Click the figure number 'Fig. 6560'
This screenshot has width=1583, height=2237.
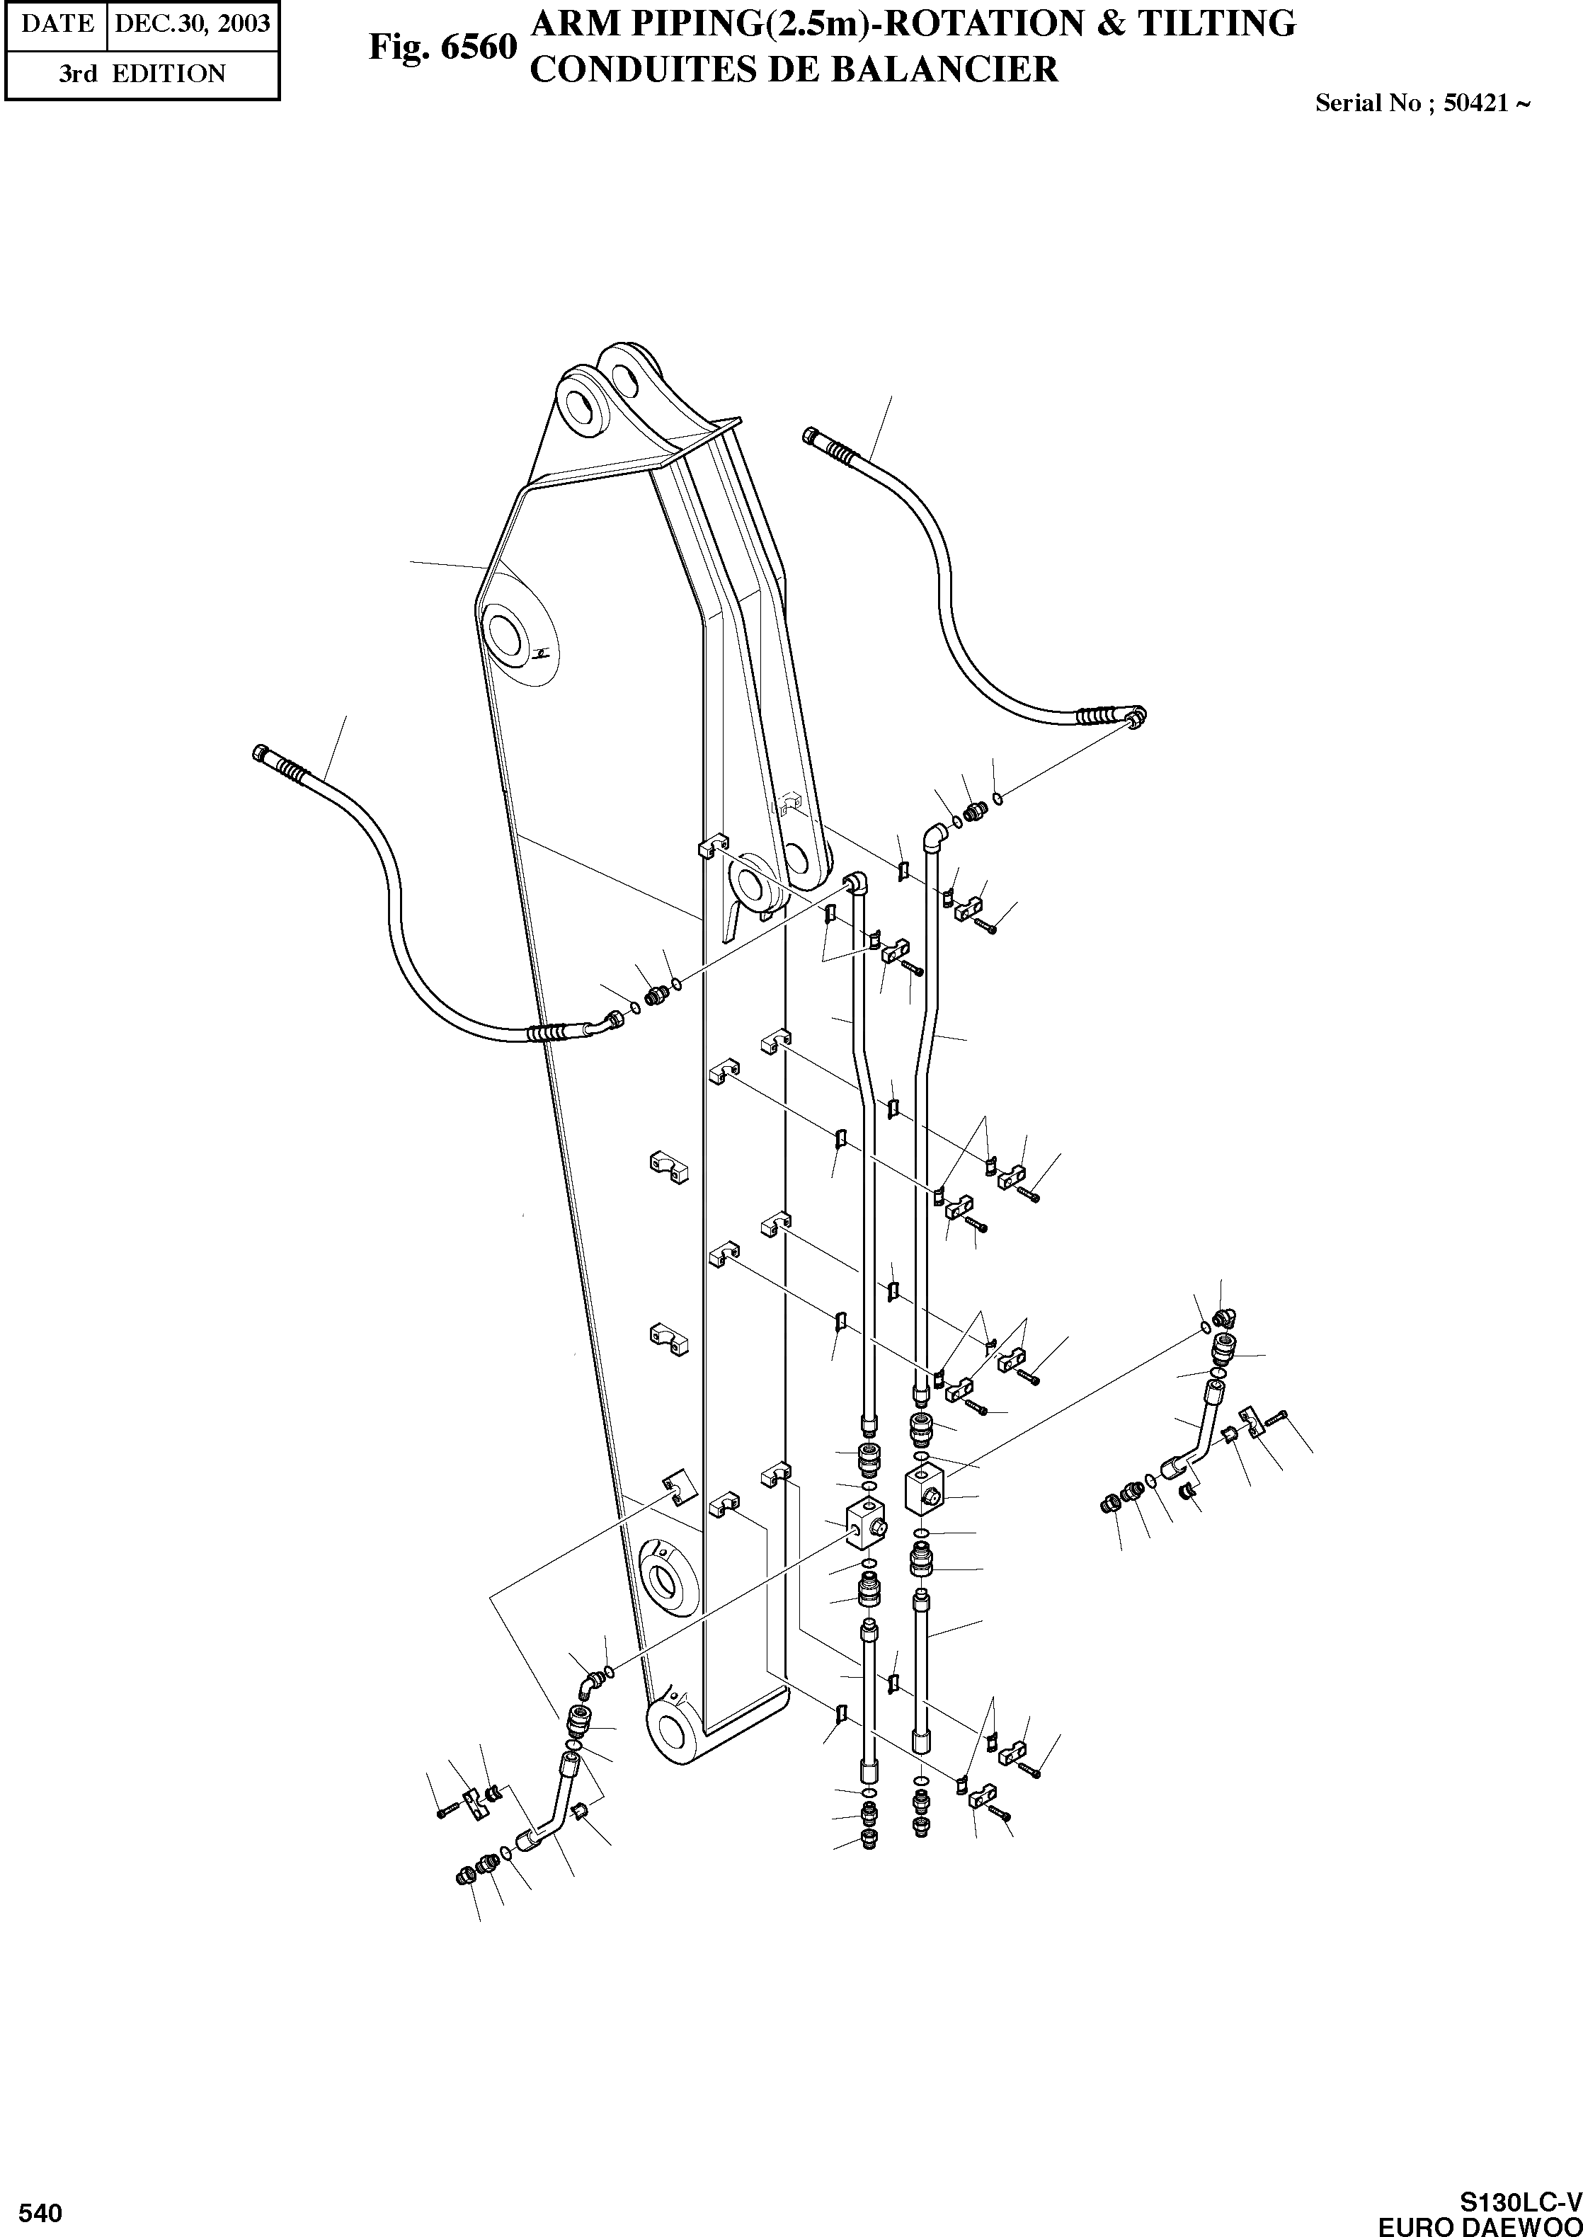[x=442, y=47]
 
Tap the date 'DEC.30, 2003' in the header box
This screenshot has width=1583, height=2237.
[x=192, y=23]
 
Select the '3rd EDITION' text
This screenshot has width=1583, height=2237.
[x=142, y=74]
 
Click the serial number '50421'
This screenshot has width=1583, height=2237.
[x=1475, y=103]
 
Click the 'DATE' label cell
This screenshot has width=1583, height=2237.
[x=55, y=23]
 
